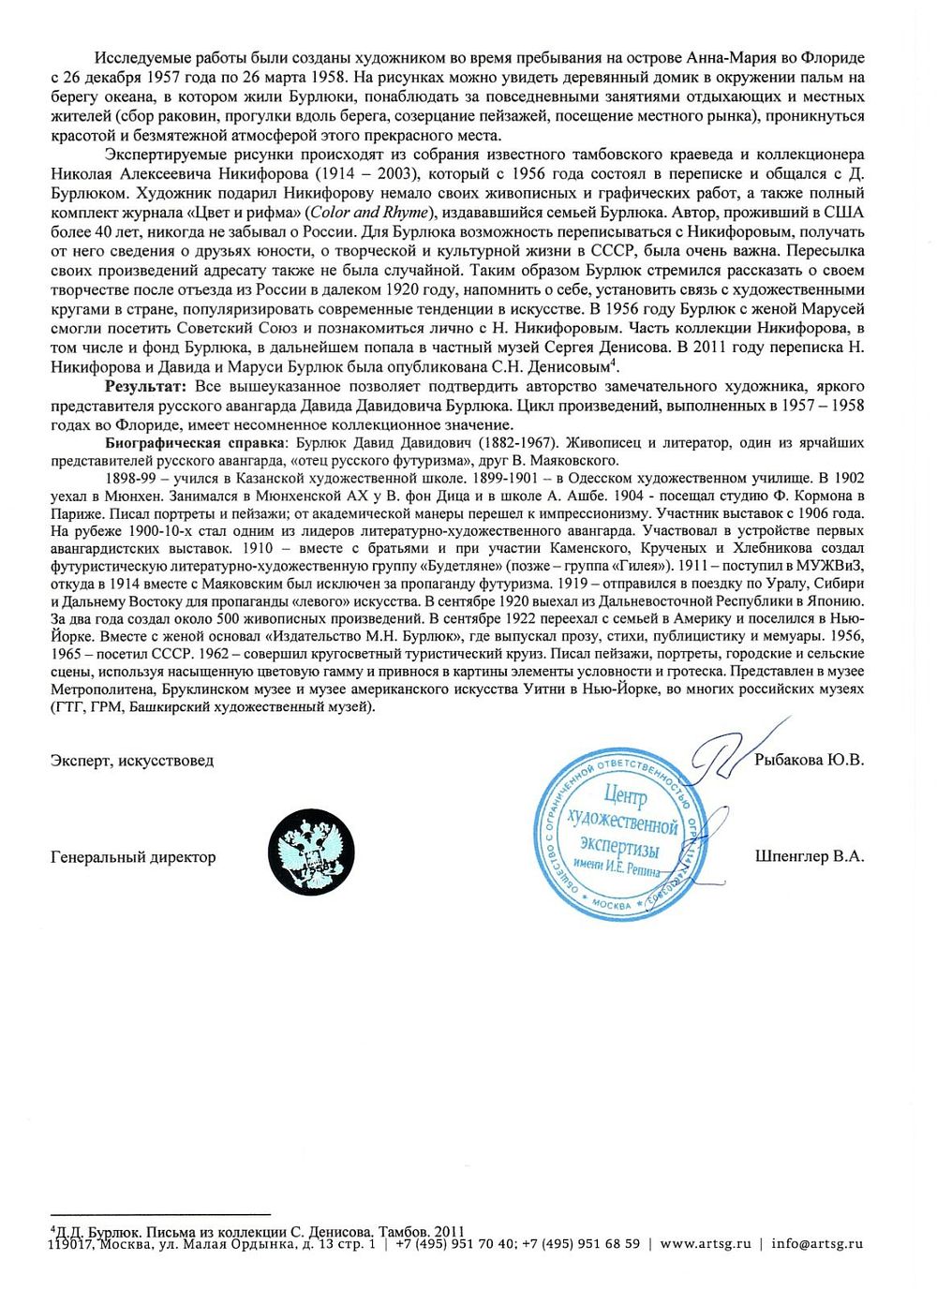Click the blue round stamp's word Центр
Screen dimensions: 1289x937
pyautogui.click(x=625, y=796)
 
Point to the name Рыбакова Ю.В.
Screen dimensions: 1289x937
pyautogui.click(x=808, y=761)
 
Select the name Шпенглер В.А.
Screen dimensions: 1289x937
pyautogui.click(x=808, y=856)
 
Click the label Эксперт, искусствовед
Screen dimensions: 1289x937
pyautogui.click(x=132, y=761)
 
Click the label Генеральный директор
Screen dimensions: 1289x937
pyautogui.click(x=133, y=856)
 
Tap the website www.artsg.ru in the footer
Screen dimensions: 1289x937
pyautogui.click(x=706, y=1244)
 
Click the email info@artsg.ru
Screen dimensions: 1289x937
pyautogui.click(x=816, y=1244)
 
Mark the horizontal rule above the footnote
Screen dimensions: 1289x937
pyautogui.click(x=160, y=1213)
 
